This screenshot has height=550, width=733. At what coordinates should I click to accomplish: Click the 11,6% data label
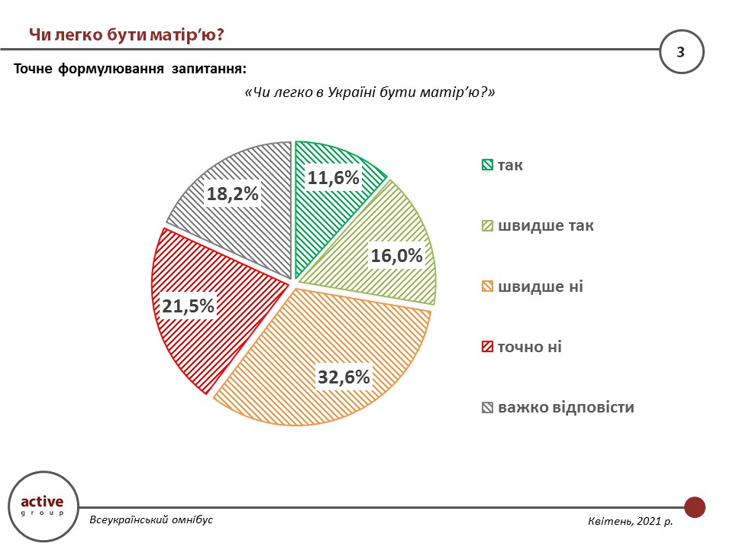tap(333, 178)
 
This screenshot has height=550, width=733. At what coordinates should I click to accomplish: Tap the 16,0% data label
tap(396, 256)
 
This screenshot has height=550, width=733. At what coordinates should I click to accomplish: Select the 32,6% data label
tap(344, 377)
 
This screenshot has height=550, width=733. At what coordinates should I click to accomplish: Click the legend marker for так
tap(486, 165)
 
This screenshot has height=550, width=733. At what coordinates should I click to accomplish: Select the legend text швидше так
tap(546, 226)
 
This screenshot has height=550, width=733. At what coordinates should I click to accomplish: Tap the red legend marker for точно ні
tap(486, 347)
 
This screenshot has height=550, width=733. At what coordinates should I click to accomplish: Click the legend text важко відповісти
tap(566, 407)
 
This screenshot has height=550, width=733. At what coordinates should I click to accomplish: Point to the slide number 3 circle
tap(681, 52)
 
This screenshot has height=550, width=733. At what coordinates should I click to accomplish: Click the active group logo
tap(42, 506)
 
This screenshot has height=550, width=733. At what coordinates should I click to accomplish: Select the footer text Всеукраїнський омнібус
tap(151, 519)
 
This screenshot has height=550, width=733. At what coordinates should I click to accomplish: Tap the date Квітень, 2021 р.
tap(631, 522)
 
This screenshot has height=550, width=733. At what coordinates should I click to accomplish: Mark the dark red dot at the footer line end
tap(695, 506)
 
